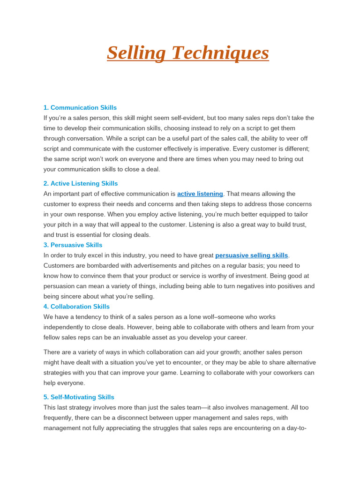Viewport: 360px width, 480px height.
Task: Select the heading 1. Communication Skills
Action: (x=80, y=107)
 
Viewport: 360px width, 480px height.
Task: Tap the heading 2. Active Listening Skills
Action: (x=81, y=183)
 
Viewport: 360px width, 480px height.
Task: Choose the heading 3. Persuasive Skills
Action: (x=73, y=245)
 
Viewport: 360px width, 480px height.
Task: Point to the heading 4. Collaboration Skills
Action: (x=76, y=306)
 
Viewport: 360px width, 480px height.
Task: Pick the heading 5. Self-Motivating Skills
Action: (x=79, y=397)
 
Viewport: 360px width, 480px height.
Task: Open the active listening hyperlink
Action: (x=200, y=194)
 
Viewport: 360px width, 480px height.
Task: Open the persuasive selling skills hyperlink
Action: (x=252, y=255)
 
